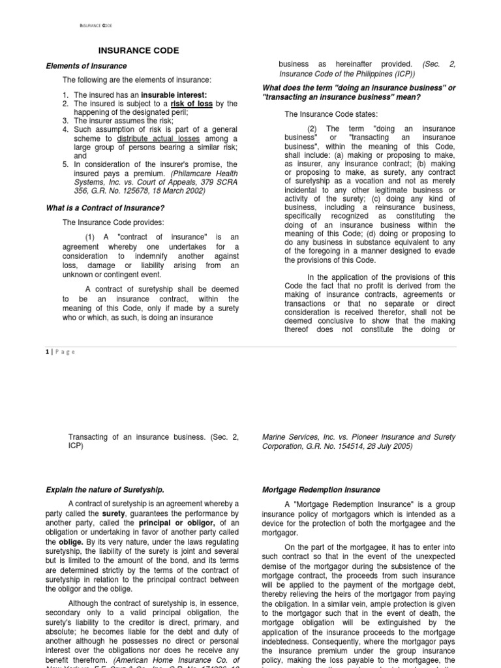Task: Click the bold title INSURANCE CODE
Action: [138, 51]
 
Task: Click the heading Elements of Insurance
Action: [86, 66]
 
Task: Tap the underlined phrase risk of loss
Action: [192, 104]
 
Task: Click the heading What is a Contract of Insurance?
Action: [104, 208]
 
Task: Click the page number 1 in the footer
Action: [47, 352]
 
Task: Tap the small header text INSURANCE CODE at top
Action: [95, 25]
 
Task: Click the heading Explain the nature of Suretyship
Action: [104, 490]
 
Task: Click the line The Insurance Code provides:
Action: [104, 222]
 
